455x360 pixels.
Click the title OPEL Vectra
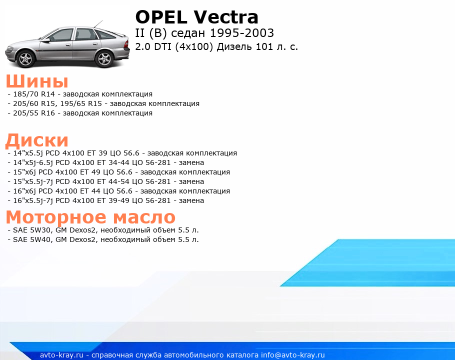(196, 17)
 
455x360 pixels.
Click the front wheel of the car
(26, 58)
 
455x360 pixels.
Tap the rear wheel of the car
(104, 58)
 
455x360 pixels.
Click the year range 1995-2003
(241, 33)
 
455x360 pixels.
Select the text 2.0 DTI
(153, 46)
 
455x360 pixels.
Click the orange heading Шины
(37, 81)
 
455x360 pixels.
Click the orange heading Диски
(37, 140)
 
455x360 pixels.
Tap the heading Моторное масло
(90, 216)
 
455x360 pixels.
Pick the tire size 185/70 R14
(34, 94)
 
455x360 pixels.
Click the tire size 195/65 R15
(81, 103)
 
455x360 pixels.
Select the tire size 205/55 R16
(34, 113)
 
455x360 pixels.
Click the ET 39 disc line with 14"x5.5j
(122, 153)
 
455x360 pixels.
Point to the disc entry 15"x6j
(118, 172)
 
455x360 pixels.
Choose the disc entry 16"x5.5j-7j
(105, 200)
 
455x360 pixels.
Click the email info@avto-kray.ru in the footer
(293, 355)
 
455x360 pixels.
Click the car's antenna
(98, 24)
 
